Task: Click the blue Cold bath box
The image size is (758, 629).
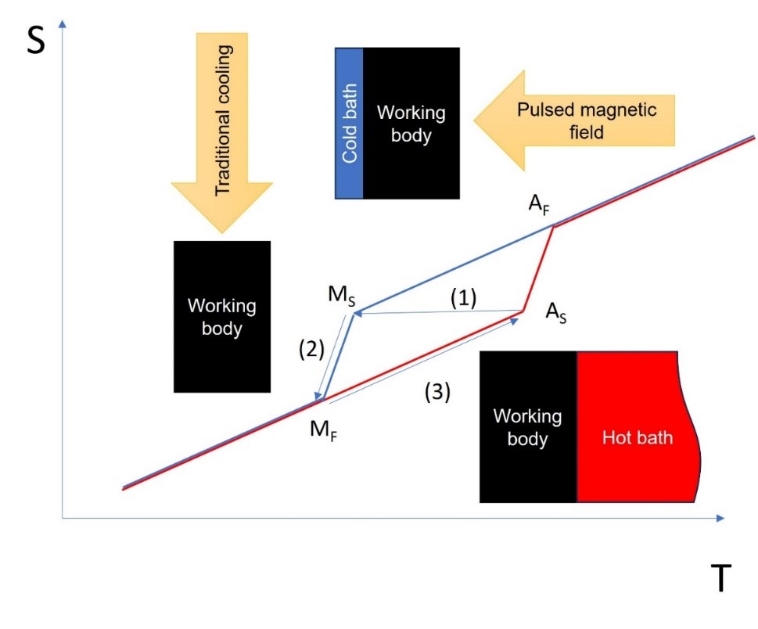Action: pos(350,122)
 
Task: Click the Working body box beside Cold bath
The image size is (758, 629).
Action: pos(411,122)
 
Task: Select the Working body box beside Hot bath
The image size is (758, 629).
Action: pos(528,427)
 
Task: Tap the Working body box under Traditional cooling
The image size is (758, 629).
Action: pos(221,316)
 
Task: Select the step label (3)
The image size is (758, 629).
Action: pos(437,393)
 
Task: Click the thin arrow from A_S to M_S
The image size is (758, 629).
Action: pos(438,312)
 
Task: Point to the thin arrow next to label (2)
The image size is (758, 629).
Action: pos(331,357)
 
